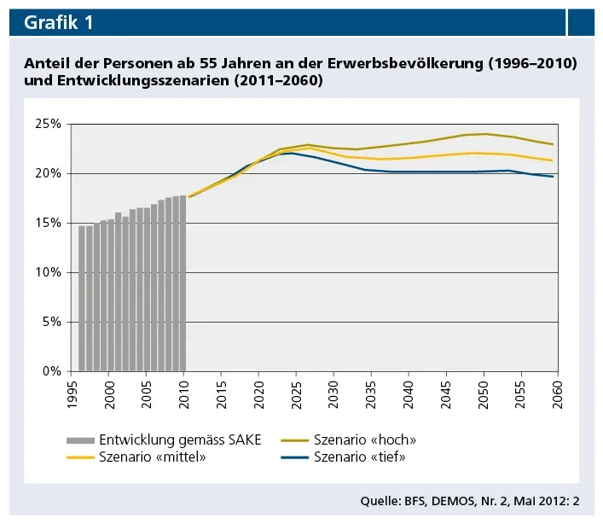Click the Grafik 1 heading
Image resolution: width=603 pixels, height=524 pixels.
pyautogui.click(x=58, y=23)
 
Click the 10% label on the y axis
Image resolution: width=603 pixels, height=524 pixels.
pyautogui.click(x=49, y=272)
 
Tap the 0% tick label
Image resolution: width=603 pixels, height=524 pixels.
pyautogui.click(x=53, y=371)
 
